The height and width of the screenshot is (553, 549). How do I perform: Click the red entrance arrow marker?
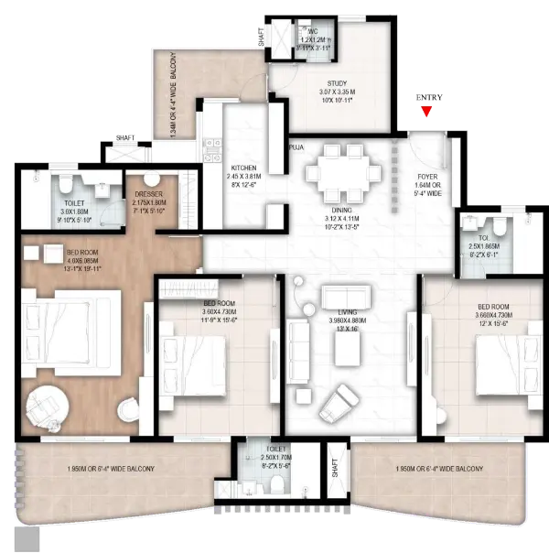coord(425,112)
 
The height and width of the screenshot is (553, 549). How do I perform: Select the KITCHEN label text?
coord(243,168)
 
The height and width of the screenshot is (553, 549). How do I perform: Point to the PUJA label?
coord(296,146)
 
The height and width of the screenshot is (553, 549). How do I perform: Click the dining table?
coord(339,174)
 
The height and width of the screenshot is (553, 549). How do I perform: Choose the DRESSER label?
coord(147,194)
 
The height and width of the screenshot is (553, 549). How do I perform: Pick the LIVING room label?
coord(346,312)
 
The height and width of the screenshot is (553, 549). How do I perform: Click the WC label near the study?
coord(313,32)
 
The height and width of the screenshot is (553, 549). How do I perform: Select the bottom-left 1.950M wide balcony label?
coord(110,469)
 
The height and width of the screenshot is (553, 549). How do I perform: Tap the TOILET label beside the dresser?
coord(74,208)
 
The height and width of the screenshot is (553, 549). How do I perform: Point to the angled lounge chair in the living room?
coord(339,397)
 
